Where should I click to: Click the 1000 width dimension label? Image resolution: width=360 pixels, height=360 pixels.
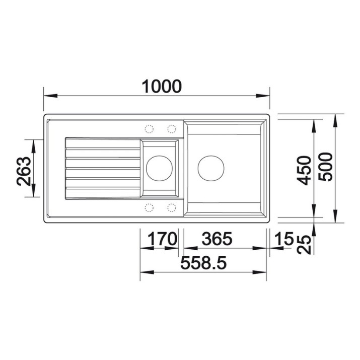coord(162,86)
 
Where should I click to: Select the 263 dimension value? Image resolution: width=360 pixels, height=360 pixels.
coord(24,171)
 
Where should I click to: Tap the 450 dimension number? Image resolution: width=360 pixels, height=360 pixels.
coord(304,170)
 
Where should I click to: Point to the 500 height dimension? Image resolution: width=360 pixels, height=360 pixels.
coord(325,167)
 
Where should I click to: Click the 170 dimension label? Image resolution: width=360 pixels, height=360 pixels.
coord(162,239)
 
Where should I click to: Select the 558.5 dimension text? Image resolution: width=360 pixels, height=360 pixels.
coord(203,263)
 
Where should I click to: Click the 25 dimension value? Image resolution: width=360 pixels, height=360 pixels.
coord(304,245)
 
